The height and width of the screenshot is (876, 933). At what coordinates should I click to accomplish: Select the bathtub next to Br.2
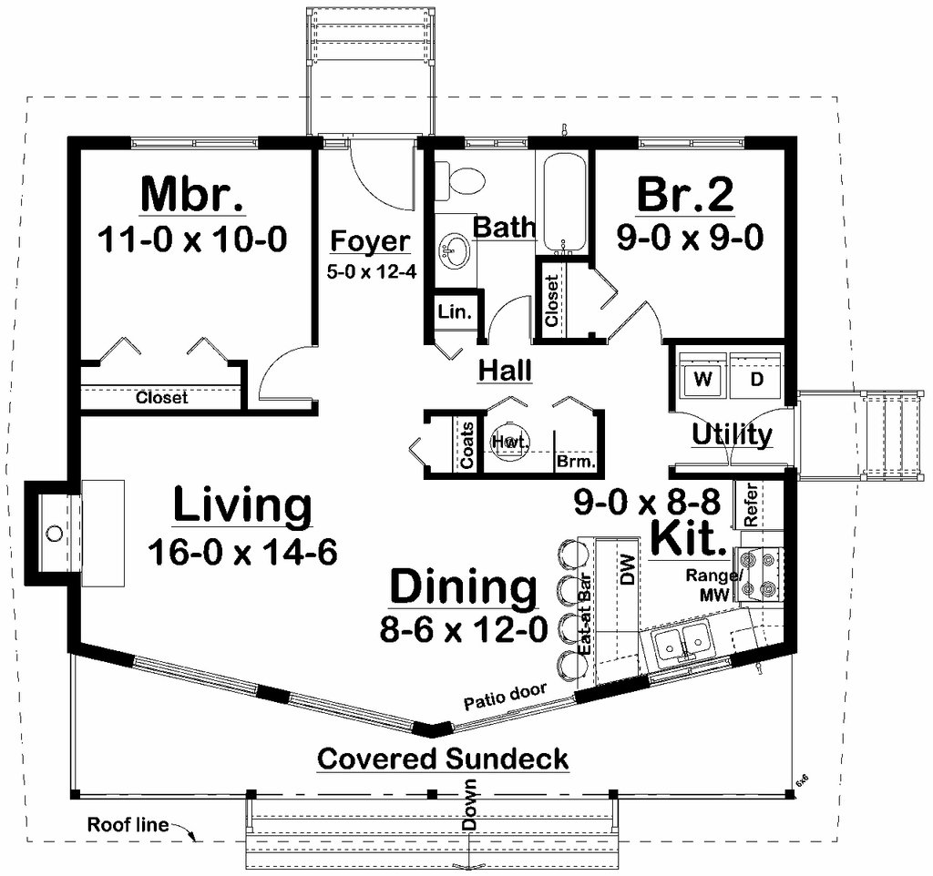563,202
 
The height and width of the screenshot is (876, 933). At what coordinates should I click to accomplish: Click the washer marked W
702,378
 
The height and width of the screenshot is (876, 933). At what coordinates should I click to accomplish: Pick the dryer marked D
755,378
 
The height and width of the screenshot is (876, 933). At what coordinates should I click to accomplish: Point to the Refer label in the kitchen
751,504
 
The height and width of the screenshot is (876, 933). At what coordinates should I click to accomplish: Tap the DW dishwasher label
628,570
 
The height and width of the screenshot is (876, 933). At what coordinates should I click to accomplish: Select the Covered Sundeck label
443,759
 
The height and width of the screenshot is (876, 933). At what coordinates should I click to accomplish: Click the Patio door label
505,697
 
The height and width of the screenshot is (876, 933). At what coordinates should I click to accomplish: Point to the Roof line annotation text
128,825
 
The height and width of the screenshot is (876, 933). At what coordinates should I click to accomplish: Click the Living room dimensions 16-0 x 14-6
242,551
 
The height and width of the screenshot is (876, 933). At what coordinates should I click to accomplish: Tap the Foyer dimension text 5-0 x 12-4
372,271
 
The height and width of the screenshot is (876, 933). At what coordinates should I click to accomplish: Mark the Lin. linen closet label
455,311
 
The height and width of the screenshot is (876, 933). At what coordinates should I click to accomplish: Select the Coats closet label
467,445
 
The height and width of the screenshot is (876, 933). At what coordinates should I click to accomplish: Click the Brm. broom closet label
576,462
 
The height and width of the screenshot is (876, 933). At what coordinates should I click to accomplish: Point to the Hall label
505,371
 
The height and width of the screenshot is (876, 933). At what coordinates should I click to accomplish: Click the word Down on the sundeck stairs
470,805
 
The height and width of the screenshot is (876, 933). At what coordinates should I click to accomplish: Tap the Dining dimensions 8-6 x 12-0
464,629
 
